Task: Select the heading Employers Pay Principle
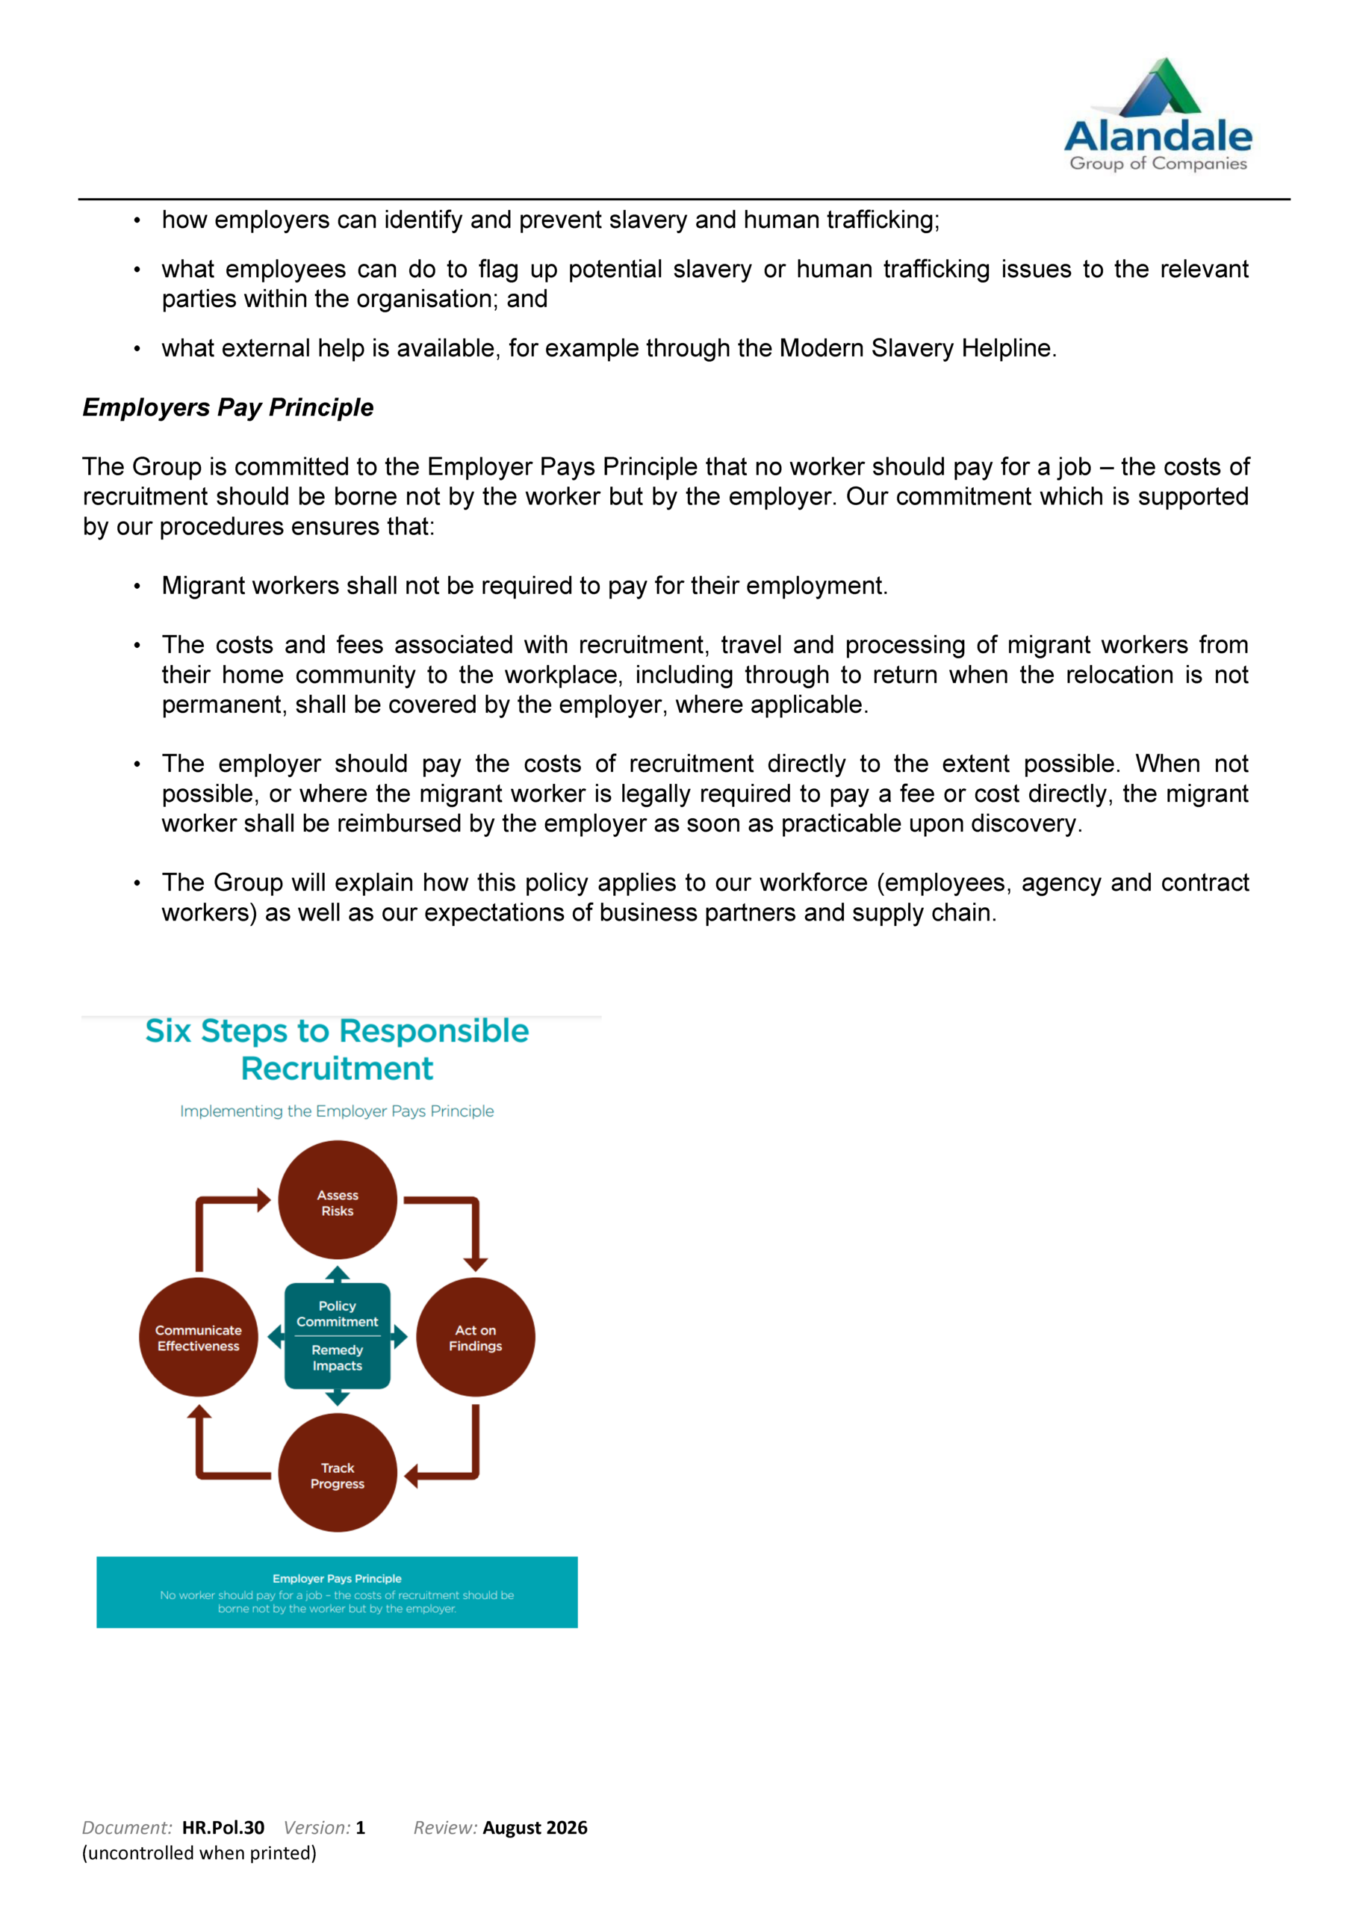click(x=227, y=407)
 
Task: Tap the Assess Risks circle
click(x=338, y=1202)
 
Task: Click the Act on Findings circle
click(x=475, y=1338)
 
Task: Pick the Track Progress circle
click(x=338, y=1476)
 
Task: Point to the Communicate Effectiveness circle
click(x=198, y=1338)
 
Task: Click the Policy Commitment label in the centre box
click(x=338, y=1314)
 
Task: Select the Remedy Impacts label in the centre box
click(x=338, y=1358)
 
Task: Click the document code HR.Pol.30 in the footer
click(x=223, y=1827)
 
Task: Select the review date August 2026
click(x=535, y=1827)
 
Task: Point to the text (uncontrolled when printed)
click(x=199, y=1852)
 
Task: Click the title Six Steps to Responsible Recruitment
click(x=337, y=1049)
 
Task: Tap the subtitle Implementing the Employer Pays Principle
click(x=337, y=1110)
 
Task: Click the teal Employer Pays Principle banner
click(x=337, y=1592)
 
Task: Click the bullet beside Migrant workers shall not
click(x=137, y=587)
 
